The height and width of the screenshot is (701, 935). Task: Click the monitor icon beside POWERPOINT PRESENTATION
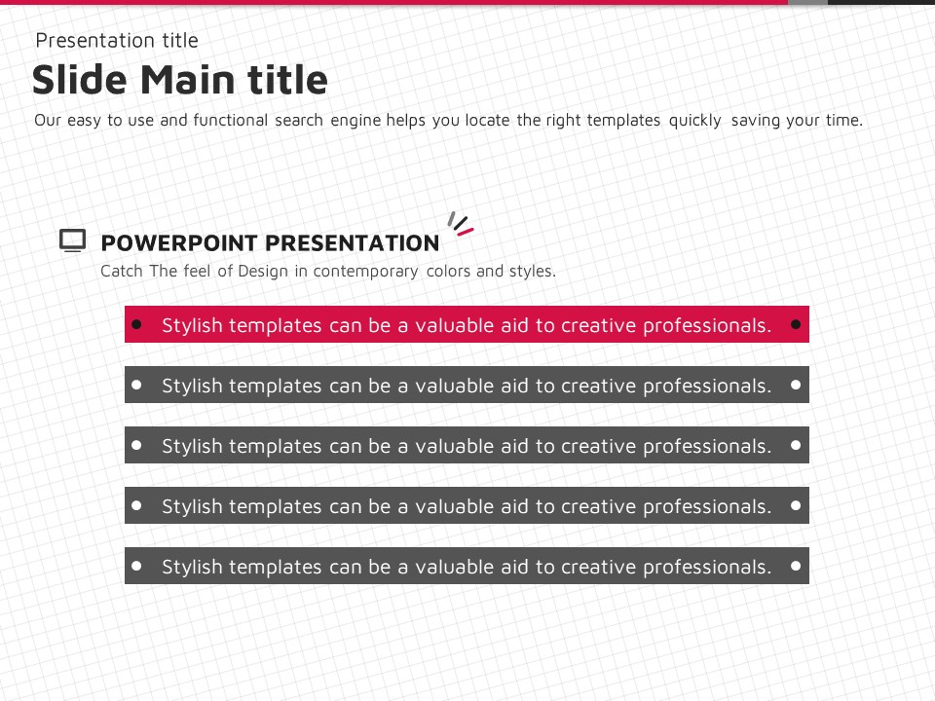72,240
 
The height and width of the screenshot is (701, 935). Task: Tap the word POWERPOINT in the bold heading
179,243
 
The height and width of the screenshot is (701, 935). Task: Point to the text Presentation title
117,41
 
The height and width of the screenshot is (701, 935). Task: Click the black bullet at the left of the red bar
136,324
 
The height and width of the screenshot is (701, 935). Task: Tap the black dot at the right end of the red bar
796,324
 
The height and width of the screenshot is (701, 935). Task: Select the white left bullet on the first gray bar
136,386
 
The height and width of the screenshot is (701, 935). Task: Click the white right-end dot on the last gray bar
796,566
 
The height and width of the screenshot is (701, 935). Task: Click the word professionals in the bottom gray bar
707,567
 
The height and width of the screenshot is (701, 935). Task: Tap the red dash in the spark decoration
466,232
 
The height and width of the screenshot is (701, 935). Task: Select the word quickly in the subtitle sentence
694,121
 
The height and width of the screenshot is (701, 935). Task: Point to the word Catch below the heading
122,272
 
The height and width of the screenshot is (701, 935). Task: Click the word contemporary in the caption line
365,272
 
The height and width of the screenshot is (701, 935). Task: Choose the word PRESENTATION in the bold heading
353,243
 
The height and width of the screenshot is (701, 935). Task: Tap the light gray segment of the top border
807,2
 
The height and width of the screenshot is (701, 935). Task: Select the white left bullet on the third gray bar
136,505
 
